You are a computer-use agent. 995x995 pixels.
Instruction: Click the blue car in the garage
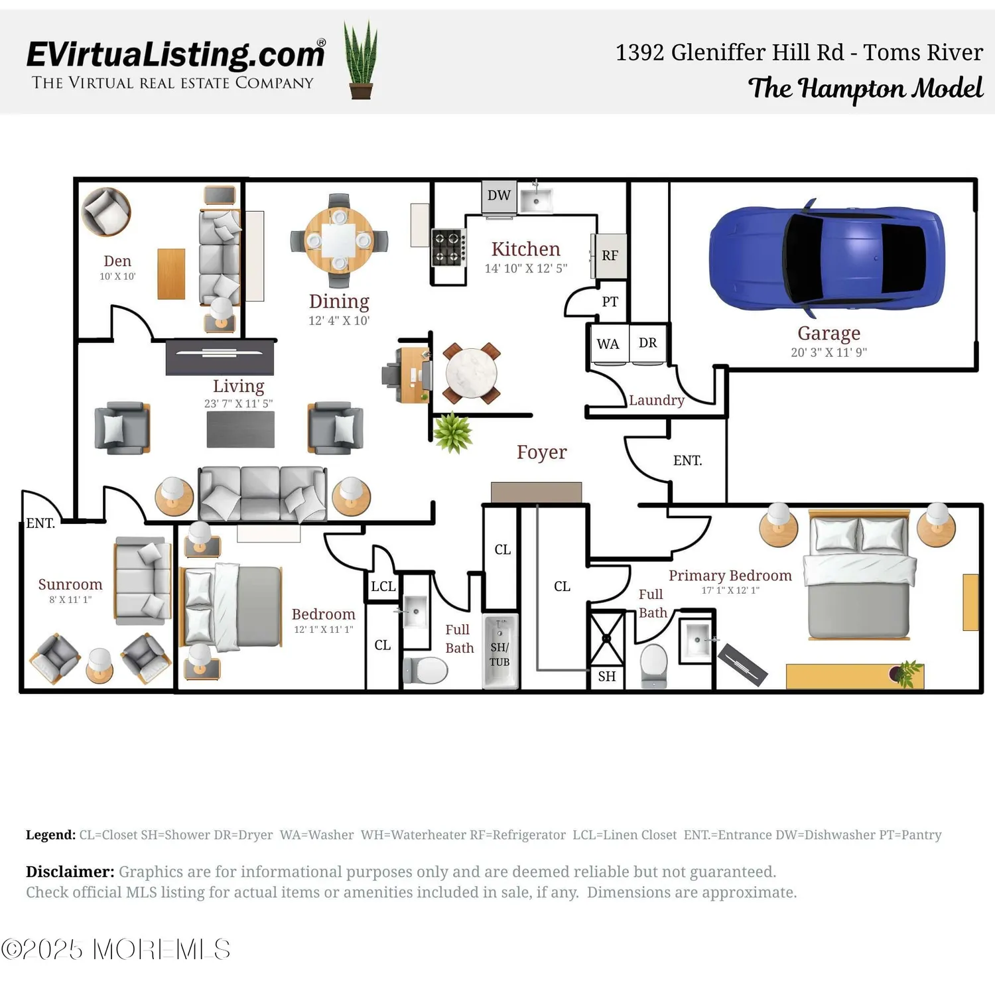827,259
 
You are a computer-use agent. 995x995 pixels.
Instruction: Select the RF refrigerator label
610,255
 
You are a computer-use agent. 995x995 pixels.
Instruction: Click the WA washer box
608,344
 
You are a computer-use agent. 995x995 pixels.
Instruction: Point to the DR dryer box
647,343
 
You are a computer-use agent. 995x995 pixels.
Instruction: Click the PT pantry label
610,302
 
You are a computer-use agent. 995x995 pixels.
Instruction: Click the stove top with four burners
448,247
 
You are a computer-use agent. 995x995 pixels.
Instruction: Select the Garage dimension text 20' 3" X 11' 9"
829,352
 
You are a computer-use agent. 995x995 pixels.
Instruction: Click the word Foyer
541,452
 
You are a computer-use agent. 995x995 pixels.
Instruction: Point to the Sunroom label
70,584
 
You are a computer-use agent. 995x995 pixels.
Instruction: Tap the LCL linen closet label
383,586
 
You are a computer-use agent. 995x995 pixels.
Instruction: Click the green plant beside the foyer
452,432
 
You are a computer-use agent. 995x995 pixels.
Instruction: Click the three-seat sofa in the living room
263,494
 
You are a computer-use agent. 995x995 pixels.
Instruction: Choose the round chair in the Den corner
106,212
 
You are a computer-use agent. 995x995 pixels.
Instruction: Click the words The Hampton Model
865,88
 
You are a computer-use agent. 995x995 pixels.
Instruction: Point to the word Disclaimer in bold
70,872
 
